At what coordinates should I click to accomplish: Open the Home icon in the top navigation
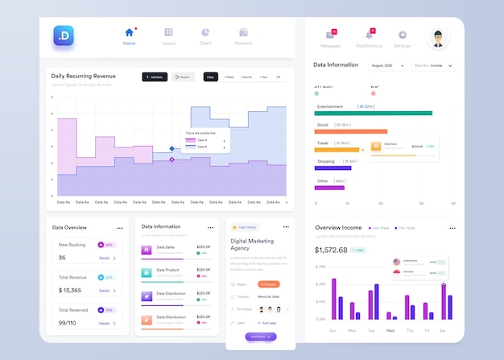click(x=129, y=32)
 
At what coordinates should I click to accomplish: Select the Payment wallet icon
click(x=243, y=32)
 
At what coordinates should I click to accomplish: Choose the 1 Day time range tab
click(x=210, y=77)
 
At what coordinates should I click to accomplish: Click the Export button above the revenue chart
click(x=183, y=77)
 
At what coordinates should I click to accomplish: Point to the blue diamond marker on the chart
click(x=171, y=148)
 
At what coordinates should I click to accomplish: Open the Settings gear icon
click(x=403, y=35)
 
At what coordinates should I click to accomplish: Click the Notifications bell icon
click(x=370, y=34)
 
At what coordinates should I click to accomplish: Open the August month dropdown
click(x=388, y=65)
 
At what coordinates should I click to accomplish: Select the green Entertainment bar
click(x=374, y=114)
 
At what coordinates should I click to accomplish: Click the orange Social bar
click(x=351, y=132)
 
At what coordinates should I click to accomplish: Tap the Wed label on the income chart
click(x=390, y=331)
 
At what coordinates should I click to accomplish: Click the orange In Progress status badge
click(x=269, y=284)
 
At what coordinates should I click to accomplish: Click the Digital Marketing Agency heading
click(x=251, y=245)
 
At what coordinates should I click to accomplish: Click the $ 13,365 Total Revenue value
click(x=70, y=290)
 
